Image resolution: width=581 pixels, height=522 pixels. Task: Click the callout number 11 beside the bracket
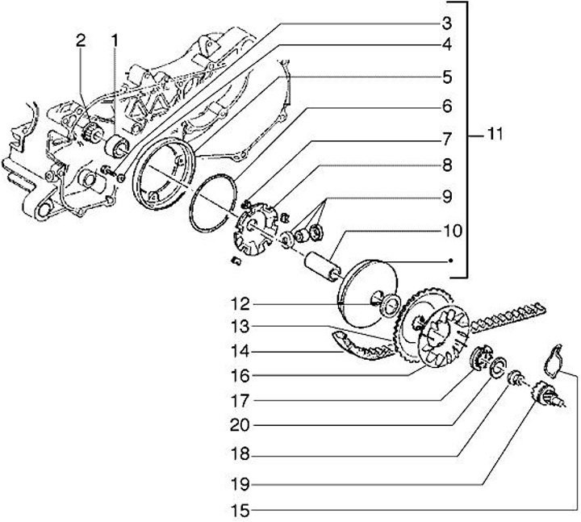pyautogui.click(x=494, y=134)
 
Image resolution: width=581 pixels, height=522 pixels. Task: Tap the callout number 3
pyautogui.click(x=447, y=23)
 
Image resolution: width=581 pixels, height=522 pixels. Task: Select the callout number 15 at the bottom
pyautogui.click(x=240, y=512)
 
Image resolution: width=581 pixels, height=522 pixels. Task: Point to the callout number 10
pyautogui.click(x=452, y=231)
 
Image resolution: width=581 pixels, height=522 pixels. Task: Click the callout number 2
pyautogui.click(x=81, y=41)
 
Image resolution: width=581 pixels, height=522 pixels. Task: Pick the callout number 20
pyautogui.click(x=240, y=426)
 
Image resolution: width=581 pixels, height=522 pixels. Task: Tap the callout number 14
pyautogui.click(x=240, y=351)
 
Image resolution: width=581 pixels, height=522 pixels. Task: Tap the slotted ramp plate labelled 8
pyautogui.click(x=255, y=228)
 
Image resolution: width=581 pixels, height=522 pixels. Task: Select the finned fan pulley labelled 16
pyautogui.click(x=444, y=338)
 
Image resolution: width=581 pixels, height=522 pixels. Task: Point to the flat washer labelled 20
pyautogui.click(x=498, y=366)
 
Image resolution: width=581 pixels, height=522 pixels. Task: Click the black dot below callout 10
pyautogui.click(x=450, y=261)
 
